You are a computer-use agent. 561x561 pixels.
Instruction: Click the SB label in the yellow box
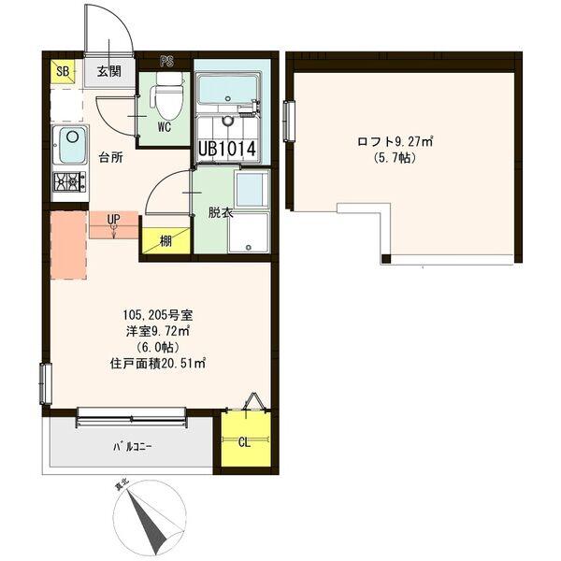pos(63,71)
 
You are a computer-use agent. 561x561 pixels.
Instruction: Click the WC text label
pos(163,126)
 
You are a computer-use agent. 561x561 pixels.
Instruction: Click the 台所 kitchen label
pos(110,157)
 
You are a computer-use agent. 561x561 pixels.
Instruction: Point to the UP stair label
pos(113,221)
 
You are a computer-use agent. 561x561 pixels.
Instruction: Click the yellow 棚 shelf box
pos(165,240)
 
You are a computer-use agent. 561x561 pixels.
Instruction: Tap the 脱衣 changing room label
pos(221,212)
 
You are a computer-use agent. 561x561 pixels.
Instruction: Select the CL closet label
pos(244,442)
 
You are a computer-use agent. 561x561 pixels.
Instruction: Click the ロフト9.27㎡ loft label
pos(393,142)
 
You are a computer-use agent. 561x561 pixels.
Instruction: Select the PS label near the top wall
pos(167,62)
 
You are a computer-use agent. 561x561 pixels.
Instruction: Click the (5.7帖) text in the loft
pos(392,159)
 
